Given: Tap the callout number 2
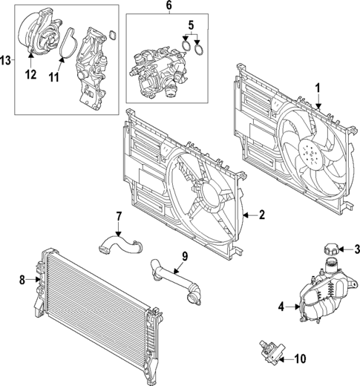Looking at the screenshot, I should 261,215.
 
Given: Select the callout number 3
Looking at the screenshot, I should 357,249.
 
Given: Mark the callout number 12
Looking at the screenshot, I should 30,73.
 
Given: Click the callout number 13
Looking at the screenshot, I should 6,59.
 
